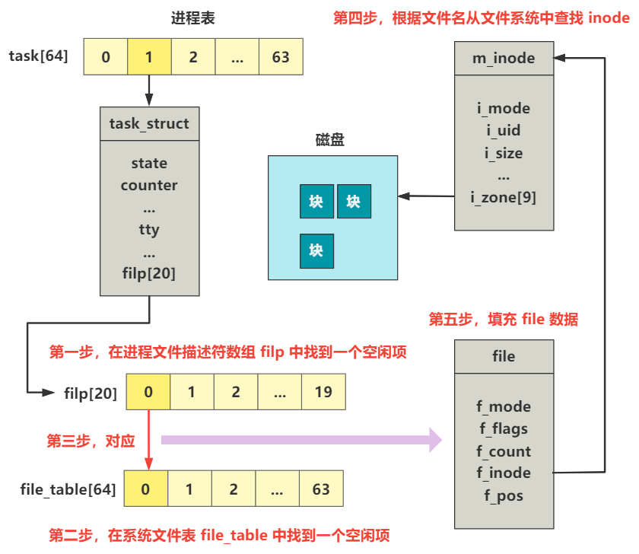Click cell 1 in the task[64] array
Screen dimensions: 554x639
pos(149,57)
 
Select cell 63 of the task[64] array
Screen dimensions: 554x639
pos(281,57)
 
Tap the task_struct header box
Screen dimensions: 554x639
pos(149,123)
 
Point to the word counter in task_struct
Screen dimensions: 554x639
pos(149,186)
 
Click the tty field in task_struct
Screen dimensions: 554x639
pos(149,229)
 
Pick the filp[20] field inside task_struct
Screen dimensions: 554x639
pos(149,273)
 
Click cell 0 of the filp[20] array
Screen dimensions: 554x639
pos(148,393)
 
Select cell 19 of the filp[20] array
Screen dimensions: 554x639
pos(323,393)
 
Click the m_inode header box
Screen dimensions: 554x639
pos(504,59)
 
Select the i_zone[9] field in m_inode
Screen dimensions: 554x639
pos(504,198)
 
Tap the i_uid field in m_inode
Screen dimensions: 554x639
pos(504,131)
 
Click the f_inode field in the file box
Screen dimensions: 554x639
pos(504,473)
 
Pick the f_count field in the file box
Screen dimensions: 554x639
pos(504,451)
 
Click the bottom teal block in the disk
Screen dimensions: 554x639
pos(316,250)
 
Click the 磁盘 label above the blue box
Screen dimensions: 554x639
pos(332,140)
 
